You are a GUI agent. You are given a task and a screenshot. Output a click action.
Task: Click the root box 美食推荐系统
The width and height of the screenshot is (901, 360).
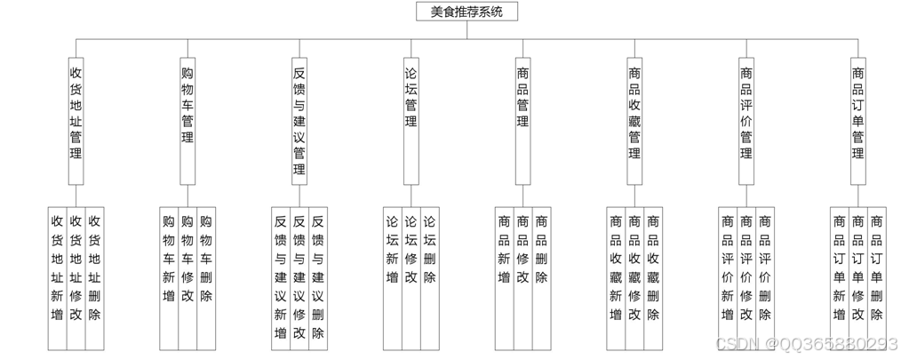466,12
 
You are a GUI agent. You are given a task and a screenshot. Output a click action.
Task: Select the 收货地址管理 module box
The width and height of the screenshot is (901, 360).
76,111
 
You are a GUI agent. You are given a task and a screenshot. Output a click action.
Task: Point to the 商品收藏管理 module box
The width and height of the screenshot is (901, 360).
634,111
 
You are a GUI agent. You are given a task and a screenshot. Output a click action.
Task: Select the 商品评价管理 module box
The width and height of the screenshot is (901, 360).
746,111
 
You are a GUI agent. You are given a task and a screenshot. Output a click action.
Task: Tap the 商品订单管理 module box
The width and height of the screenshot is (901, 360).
858,111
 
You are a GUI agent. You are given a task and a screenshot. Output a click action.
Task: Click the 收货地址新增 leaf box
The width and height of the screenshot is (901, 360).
57,277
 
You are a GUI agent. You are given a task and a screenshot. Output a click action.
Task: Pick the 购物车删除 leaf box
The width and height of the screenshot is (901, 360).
206,277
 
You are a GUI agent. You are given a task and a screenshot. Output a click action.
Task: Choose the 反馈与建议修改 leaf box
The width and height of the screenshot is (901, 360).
299,277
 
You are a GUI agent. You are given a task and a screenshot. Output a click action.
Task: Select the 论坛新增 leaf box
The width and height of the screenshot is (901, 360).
392,277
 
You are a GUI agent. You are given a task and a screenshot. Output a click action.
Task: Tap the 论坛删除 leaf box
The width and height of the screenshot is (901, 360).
430,277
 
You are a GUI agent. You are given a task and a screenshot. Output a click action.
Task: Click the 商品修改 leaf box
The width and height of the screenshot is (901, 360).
523,277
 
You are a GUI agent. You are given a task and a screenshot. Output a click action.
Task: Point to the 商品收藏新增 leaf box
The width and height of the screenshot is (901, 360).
616,277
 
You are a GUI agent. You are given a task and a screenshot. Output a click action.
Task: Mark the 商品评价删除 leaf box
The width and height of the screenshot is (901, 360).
765,277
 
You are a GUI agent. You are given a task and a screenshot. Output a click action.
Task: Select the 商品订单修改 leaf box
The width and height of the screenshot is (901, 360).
858,277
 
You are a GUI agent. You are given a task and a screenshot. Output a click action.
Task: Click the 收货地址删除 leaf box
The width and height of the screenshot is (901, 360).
95,277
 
